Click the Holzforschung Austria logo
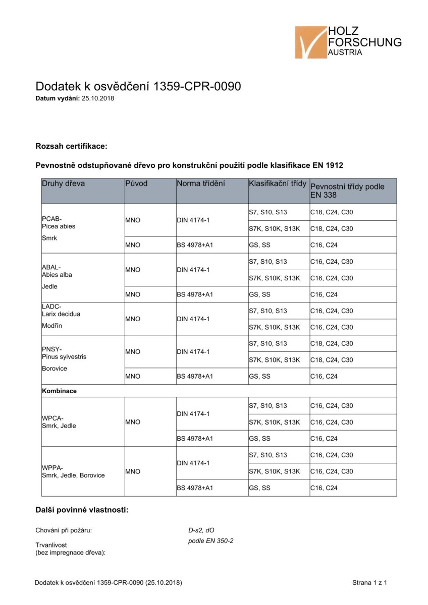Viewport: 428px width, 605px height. click(x=348, y=42)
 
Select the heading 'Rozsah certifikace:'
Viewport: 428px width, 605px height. click(x=71, y=146)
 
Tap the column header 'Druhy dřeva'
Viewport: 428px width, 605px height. click(x=63, y=184)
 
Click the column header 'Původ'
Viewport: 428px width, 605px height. click(x=136, y=184)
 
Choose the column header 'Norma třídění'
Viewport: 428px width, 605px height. click(x=201, y=184)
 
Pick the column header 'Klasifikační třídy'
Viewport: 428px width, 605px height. click(x=278, y=184)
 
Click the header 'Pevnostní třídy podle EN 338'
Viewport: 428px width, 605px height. click(x=347, y=191)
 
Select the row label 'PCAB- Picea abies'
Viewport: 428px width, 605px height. click(x=59, y=222)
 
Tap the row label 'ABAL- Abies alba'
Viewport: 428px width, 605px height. click(x=57, y=271)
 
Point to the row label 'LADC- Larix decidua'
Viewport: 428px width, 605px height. click(x=61, y=310)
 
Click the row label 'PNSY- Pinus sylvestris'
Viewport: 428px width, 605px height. click(x=64, y=353)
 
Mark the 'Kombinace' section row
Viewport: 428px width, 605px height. click(x=59, y=391)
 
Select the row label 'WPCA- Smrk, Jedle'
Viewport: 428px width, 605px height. click(x=59, y=422)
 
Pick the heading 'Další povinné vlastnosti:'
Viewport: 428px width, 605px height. click(x=82, y=510)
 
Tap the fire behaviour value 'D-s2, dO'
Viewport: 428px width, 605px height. click(x=201, y=530)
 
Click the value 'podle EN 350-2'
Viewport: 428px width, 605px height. click(x=210, y=541)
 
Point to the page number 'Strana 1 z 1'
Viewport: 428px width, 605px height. click(x=369, y=583)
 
